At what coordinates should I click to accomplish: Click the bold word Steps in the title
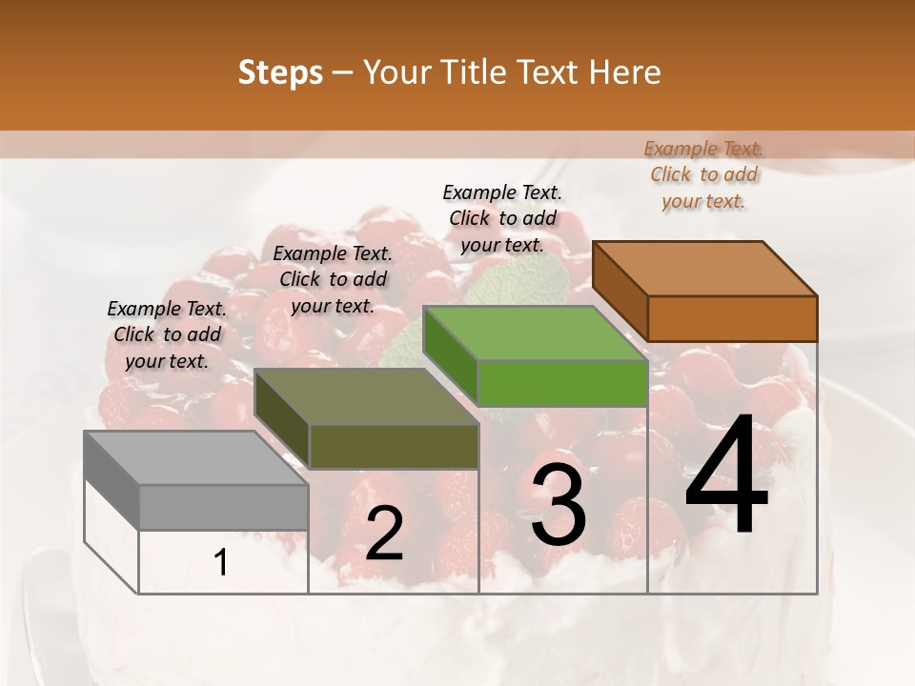tap(279, 72)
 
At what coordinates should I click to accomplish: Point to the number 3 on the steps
tap(558, 505)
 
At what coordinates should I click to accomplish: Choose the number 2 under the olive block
tap(384, 534)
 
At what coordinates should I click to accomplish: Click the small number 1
tap(221, 562)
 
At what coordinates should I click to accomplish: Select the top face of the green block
tap(535, 334)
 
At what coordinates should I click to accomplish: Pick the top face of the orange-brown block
tap(704, 269)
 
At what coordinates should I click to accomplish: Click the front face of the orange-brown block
tap(732, 318)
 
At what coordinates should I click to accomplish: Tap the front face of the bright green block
tap(562, 383)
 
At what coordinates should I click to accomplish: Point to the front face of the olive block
tap(394, 446)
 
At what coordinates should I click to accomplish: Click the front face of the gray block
tap(224, 507)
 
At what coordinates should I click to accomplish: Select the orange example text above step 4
tap(703, 174)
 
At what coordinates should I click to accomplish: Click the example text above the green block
tap(502, 218)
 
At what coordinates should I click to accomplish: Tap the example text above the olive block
tap(333, 279)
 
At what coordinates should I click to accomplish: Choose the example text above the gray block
tap(167, 334)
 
